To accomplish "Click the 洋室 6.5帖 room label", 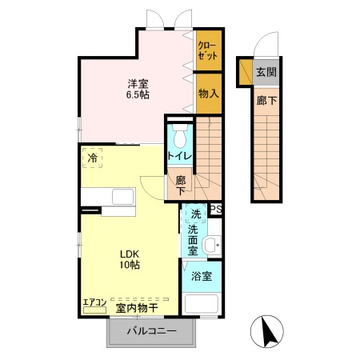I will (138, 88).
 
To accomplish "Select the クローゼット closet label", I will (207, 50).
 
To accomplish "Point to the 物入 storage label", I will (208, 94).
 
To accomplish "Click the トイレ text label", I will (178, 156).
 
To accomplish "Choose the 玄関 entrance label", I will (266, 73).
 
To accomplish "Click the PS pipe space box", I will (215, 210).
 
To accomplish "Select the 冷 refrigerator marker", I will (93, 159).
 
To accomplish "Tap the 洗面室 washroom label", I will (193, 240).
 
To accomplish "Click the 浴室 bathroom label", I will (202, 277).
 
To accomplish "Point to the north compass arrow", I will (270, 331).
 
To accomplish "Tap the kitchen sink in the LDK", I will (123, 197).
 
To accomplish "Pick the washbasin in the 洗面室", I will (210, 245).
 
